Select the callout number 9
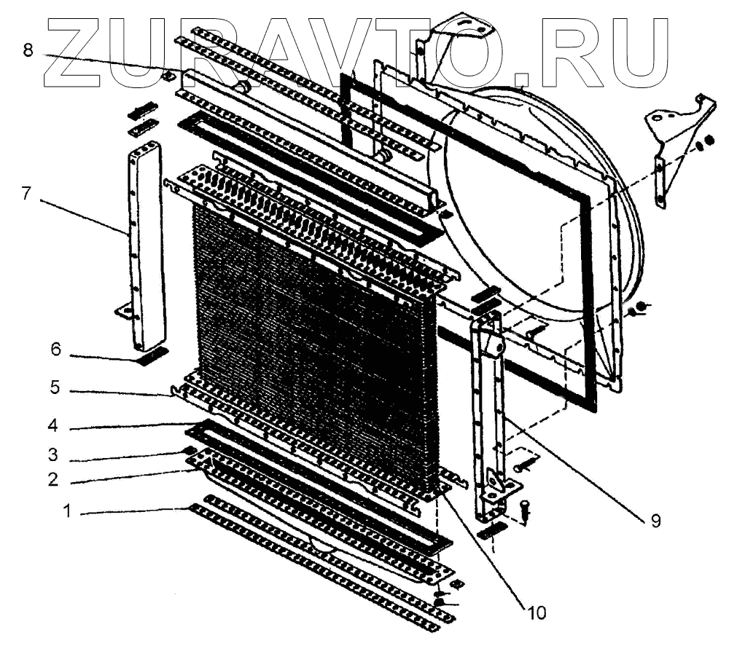[x=655, y=521]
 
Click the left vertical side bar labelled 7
[x=146, y=248]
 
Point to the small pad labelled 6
[x=151, y=356]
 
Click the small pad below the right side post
[x=491, y=530]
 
